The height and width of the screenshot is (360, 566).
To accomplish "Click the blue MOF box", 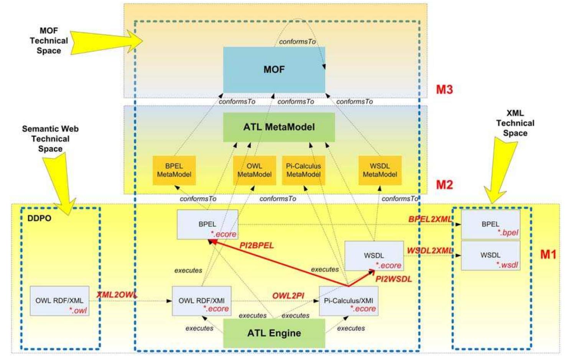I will pyautogui.click(x=274, y=69).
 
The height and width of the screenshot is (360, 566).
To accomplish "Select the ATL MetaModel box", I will pyautogui.click(x=279, y=127).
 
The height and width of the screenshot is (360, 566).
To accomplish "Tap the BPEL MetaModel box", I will pyautogui.click(x=174, y=170).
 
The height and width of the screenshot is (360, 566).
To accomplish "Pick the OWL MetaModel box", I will pyautogui.click(x=254, y=170).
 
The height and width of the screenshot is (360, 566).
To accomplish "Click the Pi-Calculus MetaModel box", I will pyautogui.click(x=303, y=170).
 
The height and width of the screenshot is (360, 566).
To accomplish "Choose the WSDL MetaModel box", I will pyautogui.click(x=380, y=170).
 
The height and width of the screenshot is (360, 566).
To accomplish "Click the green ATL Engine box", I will pyautogui.click(x=274, y=333).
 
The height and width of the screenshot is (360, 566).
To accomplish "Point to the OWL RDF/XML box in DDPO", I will pyautogui.click(x=59, y=301).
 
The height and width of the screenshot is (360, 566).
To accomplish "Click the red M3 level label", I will pyautogui.click(x=444, y=90).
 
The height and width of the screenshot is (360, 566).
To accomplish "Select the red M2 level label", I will pyautogui.click(x=444, y=185).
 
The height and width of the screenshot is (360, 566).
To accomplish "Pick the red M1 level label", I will pyautogui.click(x=548, y=254).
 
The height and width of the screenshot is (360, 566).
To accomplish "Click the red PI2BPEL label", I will pyautogui.click(x=257, y=246).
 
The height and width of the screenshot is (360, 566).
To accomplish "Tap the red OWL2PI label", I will pyautogui.click(x=288, y=296).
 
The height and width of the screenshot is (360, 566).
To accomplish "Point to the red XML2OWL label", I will pyautogui.click(x=117, y=295).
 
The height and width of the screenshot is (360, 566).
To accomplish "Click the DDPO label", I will pyautogui.click(x=39, y=218).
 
